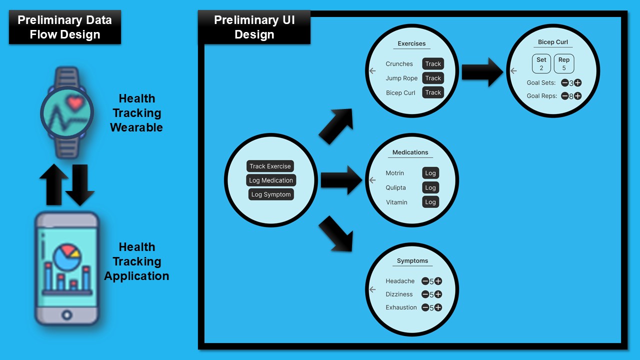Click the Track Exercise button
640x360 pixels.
(x=270, y=166)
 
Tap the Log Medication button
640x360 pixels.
(x=271, y=180)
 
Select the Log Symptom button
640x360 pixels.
(x=271, y=194)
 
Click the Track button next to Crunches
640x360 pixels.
(x=433, y=64)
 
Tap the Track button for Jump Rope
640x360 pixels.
(x=433, y=78)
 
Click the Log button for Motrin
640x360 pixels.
(x=430, y=173)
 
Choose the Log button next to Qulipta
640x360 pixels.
(x=430, y=187)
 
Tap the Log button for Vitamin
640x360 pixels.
(x=430, y=202)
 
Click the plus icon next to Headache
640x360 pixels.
(x=438, y=281)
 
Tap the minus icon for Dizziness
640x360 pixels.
(x=425, y=294)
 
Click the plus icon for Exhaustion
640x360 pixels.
(x=438, y=307)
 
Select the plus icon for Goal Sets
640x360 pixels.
(x=577, y=83)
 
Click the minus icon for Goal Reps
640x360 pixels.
(x=564, y=96)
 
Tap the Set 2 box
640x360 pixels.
(x=541, y=64)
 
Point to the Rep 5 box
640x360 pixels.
(x=564, y=64)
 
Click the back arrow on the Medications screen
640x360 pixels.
(x=372, y=180)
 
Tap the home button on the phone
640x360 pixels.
(x=67, y=314)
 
